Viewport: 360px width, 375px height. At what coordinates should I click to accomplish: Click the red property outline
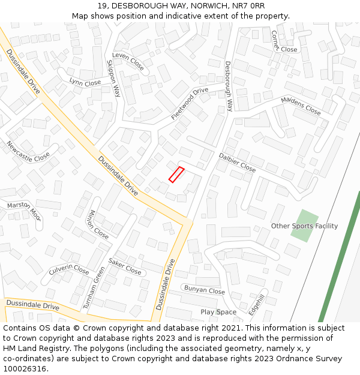point(176,175)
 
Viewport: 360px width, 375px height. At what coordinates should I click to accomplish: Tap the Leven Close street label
point(128,61)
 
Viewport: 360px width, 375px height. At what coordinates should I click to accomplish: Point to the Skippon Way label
point(113,78)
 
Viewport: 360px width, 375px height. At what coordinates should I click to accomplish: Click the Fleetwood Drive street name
point(190,103)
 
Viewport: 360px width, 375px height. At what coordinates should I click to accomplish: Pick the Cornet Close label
point(283,42)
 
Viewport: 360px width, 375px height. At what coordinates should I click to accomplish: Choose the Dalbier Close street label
point(237,162)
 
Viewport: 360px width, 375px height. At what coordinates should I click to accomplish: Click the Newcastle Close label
point(28,152)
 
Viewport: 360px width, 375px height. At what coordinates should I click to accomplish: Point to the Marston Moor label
point(23,209)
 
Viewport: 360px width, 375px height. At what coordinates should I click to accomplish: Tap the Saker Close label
point(125,267)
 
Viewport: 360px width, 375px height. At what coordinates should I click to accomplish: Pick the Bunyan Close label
point(204,290)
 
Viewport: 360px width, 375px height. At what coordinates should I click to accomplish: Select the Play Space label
point(218,312)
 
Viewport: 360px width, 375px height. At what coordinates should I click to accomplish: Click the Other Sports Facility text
point(304,226)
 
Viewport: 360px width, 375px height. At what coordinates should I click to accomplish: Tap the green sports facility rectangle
point(304,226)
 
